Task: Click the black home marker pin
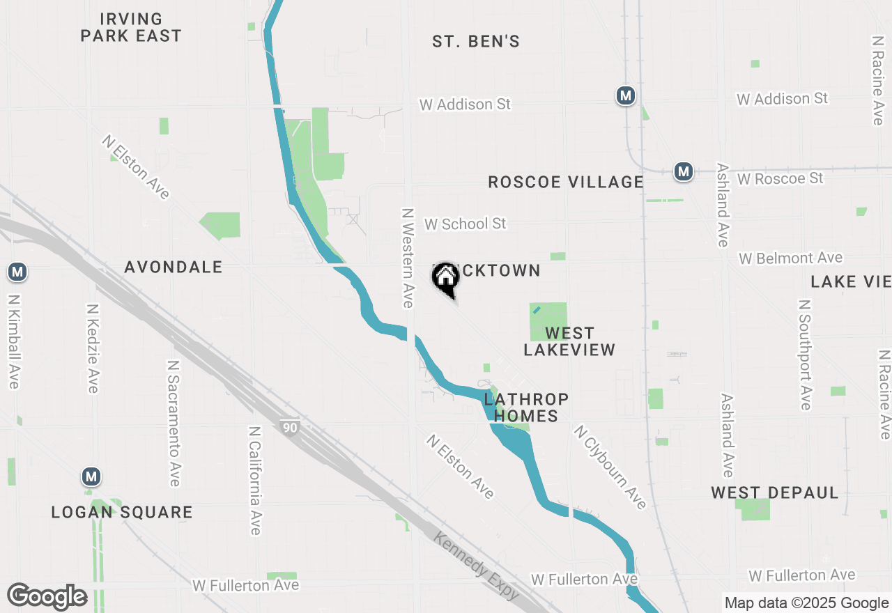446,279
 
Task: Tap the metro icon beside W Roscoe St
684,171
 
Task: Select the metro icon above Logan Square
91,477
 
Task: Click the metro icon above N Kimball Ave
17,272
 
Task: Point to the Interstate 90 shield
289,426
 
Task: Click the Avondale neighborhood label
174,267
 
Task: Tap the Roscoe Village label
566,183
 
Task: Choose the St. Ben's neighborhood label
476,42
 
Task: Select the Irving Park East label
131,27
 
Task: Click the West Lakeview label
569,341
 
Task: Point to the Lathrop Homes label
526,408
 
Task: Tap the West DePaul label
775,493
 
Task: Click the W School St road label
466,224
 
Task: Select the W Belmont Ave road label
791,258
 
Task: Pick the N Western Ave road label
408,258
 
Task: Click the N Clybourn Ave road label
610,467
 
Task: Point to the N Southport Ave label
805,355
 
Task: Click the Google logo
47,596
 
